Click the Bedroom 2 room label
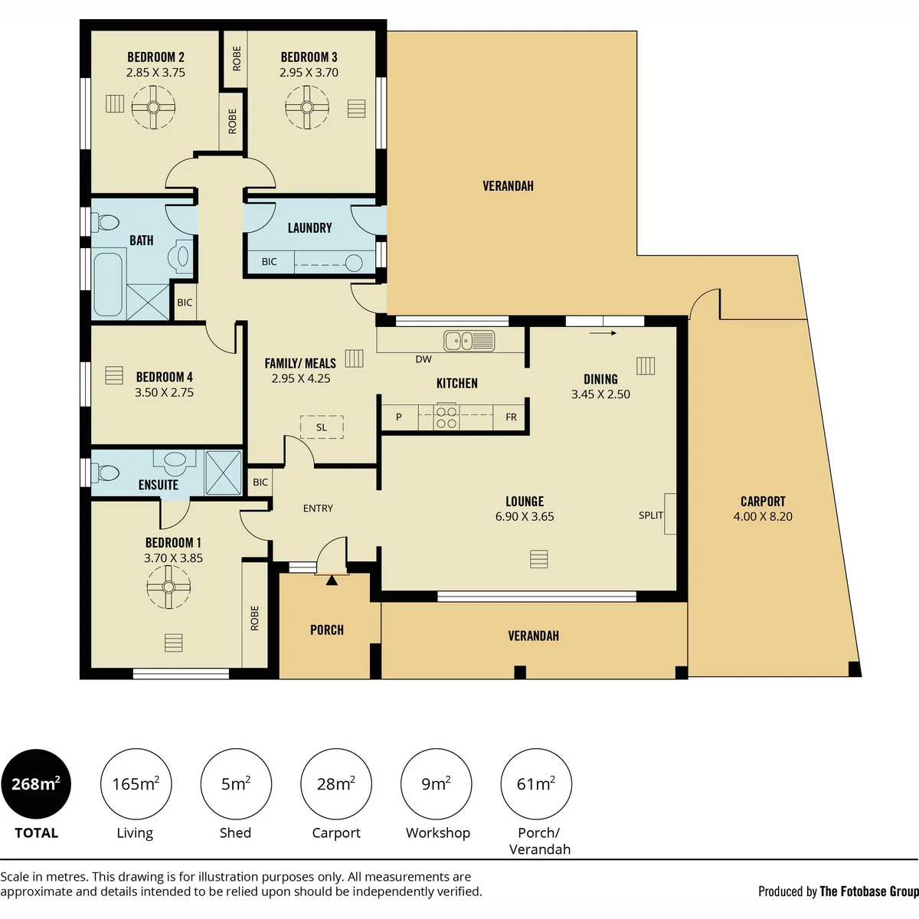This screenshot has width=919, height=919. click(155, 57)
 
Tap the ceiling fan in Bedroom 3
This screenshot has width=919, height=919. click(307, 107)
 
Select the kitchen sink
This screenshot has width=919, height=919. click(469, 341)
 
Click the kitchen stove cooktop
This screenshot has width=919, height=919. click(446, 417)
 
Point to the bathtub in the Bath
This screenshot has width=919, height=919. click(108, 285)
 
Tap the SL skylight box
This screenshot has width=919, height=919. click(322, 427)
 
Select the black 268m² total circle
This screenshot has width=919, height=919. click(36, 784)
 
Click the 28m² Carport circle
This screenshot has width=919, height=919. click(336, 784)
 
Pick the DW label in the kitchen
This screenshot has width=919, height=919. click(424, 359)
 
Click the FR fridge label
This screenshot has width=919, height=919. click(512, 417)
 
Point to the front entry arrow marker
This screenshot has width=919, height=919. click(332, 580)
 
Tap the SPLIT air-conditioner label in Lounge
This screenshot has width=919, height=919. click(651, 515)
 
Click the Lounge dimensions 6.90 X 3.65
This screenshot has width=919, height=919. click(525, 516)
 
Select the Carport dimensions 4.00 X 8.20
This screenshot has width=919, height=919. click(763, 516)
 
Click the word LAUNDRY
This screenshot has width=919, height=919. click(310, 228)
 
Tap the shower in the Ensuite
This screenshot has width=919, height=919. click(223, 473)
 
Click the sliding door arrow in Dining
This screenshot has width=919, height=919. click(603, 333)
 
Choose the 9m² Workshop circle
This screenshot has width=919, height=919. click(437, 784)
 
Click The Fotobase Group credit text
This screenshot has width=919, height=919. click(869, 891)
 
